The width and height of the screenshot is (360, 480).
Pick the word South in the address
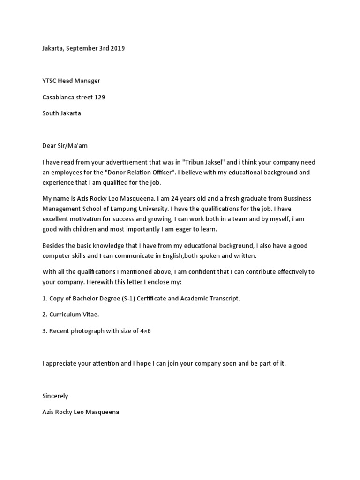50,113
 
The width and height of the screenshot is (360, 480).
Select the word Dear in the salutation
49,146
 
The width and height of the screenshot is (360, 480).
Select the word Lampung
138,209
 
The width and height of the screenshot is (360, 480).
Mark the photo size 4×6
144,331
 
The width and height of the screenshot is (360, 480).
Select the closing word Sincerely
55,396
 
